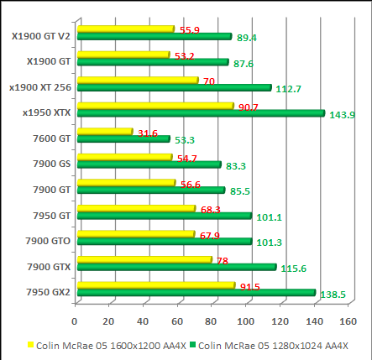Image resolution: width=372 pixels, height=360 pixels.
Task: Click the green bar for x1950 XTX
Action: (x=198, y=113)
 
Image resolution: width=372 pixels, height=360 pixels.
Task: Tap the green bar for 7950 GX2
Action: (x=194, y=293)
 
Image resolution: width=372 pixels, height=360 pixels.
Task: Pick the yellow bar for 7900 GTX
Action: (x=142, y=259)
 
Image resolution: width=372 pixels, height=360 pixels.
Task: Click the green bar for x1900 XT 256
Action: (x=172, y=87)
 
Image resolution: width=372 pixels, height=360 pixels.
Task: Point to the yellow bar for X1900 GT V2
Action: (x=123, y=29)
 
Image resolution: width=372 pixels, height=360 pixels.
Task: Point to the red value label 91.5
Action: (x=249, y=287)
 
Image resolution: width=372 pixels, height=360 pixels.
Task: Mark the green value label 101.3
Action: (x=269, y=243)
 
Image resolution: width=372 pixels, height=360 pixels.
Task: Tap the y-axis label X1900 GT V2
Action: (x=41, y=35)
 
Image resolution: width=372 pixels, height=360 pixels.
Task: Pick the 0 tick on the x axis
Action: (x=75, y=320)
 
